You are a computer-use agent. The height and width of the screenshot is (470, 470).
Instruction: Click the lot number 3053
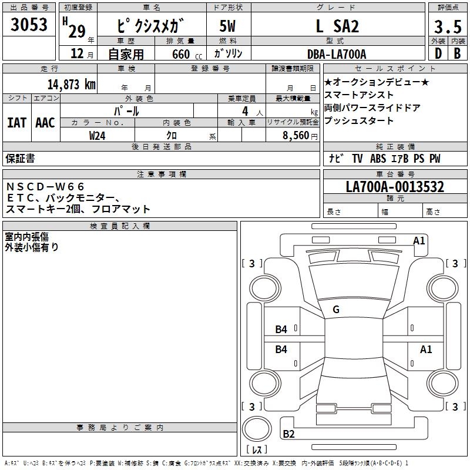(29, 24)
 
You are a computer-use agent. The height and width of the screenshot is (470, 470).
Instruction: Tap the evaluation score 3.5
(447, 27)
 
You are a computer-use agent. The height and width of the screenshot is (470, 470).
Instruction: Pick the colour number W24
(98, 135)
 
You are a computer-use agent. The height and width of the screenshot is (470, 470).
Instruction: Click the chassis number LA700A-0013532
(395, 187)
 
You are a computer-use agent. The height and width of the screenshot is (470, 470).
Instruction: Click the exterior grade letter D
(438, 53)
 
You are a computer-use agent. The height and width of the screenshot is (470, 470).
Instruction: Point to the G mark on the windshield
(336, 309)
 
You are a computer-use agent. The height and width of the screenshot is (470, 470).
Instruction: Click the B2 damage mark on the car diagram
(288, 434)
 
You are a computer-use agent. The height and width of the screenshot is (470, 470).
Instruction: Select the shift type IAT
(16, 122)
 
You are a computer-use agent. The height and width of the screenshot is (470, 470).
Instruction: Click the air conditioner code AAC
(45, 122)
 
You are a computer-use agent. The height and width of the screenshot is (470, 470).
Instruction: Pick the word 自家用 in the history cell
(126, 54)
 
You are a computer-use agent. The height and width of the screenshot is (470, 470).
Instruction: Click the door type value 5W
(229, 26)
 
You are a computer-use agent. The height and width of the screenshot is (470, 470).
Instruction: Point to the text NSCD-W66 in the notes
(46, 187)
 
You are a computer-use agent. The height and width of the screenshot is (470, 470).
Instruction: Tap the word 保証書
(20, 159)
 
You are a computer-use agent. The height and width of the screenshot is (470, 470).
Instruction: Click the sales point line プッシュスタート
(358, 120)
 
